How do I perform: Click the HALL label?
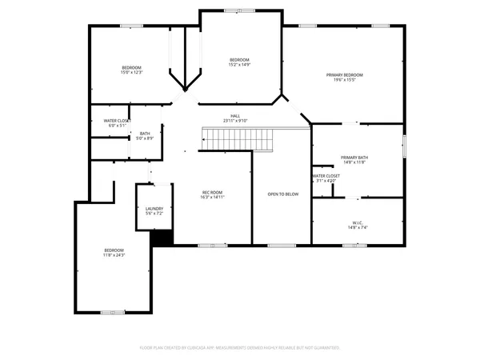pos(235,116)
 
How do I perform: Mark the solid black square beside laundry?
pos(162,238)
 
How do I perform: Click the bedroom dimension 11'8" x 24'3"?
pos(114,254)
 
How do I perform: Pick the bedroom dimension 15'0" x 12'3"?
pos(131,73)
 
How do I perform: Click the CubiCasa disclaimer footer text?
pos(240,347)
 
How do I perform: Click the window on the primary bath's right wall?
pos(404,146)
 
